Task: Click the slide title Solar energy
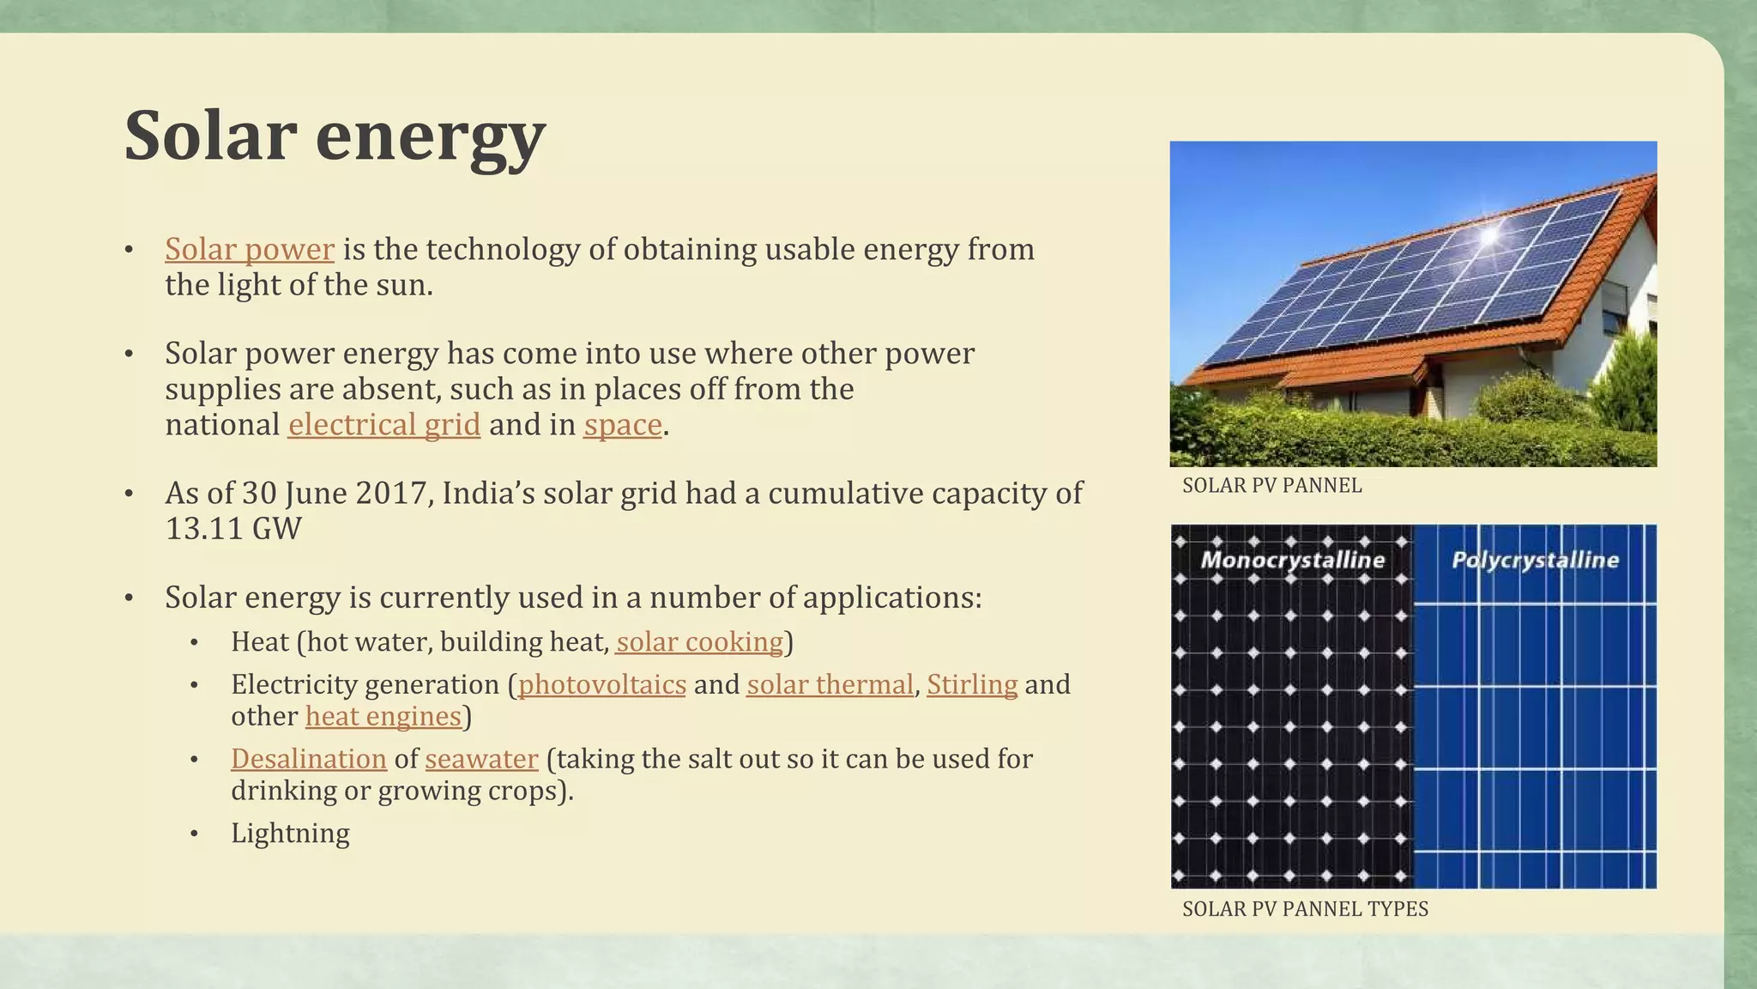335,136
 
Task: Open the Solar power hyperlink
249,250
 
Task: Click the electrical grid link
383,425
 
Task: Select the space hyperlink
622,425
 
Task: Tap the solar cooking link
699,642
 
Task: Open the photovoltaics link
601,685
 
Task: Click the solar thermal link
829,685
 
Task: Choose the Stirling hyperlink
971,685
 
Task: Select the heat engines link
383,717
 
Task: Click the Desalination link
308,759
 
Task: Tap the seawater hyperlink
481,759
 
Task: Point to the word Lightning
290,834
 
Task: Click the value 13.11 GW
232,529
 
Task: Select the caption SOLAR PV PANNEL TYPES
1304,909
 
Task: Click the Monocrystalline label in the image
1292,561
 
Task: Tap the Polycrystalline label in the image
1535,561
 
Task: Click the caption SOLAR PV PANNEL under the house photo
1271,486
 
